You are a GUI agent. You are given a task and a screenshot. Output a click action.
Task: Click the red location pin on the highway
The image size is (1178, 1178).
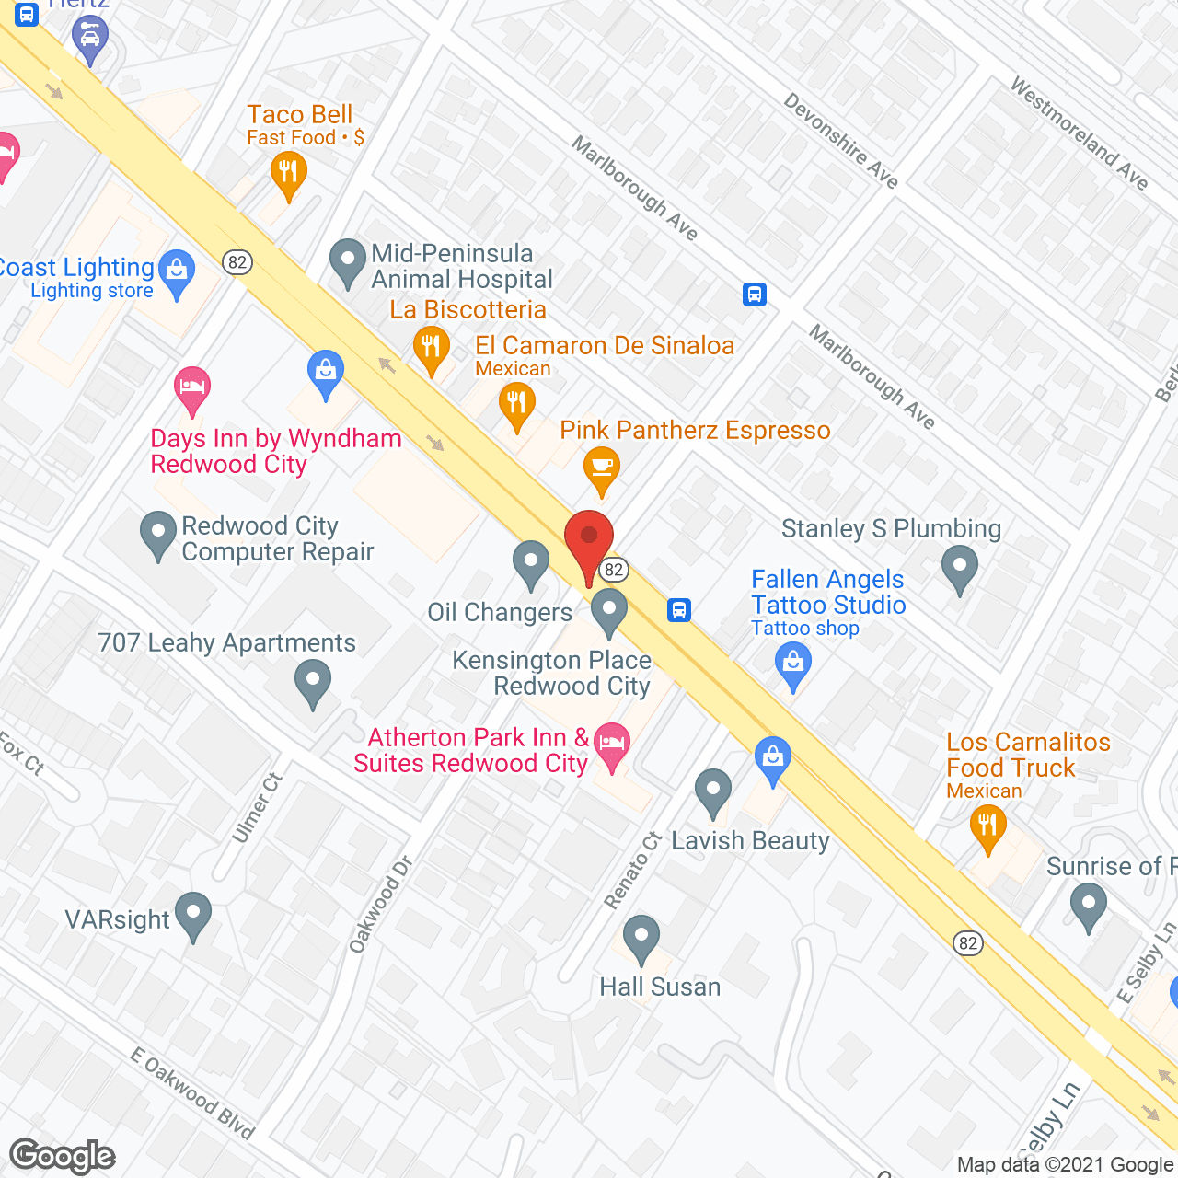(588, 537)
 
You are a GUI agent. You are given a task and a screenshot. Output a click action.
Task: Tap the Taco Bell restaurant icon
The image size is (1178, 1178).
(288, 173)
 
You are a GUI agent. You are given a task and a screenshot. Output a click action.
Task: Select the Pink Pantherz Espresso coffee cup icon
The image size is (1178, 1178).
(601, 466)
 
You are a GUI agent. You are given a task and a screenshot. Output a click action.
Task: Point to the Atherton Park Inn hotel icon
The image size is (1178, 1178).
(612, 744)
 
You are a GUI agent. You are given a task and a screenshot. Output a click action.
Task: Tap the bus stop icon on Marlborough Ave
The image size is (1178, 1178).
(755, 294)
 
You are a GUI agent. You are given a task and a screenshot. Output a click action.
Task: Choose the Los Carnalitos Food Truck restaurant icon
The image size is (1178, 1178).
(987, 825)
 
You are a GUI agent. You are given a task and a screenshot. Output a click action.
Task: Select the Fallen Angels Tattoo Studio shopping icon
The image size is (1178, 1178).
(792, 663)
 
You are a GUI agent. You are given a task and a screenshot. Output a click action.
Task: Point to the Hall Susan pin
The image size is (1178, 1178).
(641, 937)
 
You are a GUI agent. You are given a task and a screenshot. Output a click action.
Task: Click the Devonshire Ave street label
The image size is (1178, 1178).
(840, 140)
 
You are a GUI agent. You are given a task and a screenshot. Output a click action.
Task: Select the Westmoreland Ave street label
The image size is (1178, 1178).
(1079, 133)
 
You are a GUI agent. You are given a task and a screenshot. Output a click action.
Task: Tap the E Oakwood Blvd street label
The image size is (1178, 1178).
(191, 1093)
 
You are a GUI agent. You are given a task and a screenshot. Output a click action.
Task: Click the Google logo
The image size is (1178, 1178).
(63, 1156)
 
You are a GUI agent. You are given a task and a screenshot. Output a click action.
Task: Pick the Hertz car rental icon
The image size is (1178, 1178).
(90, 37)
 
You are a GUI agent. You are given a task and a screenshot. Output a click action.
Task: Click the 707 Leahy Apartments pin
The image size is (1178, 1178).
(313, 683)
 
